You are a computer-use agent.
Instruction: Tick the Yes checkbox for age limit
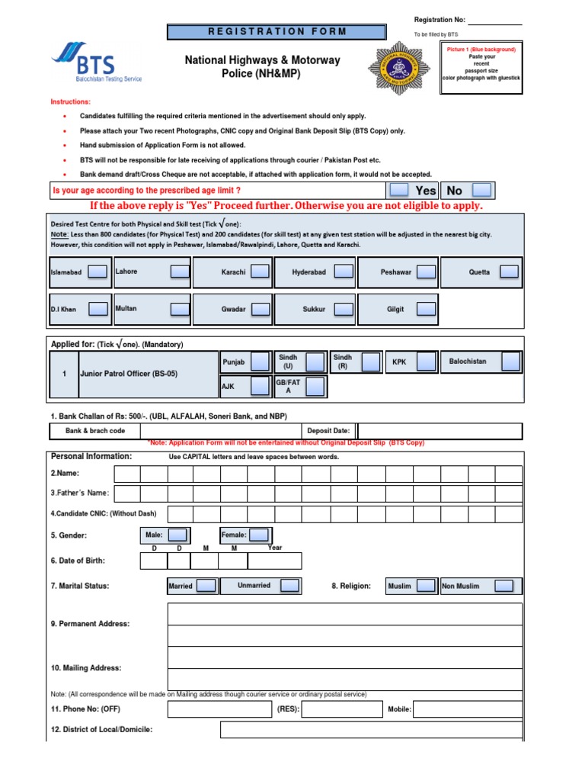(399, 190)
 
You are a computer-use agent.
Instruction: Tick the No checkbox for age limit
(482, 190)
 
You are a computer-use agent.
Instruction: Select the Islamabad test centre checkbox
(97, 272)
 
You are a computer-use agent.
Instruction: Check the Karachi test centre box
(261, 272)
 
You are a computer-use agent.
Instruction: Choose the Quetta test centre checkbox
(510, 272)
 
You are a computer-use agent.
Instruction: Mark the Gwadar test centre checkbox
(261, 309)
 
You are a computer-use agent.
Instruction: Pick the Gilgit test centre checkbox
(426, 309)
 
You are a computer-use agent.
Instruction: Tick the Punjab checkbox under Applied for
(261, 362)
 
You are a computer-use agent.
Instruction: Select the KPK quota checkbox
(426, 362)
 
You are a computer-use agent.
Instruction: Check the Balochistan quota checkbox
(510, 362)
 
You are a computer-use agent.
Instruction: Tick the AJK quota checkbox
(261, 387)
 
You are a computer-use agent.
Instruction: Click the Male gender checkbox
(177, 535)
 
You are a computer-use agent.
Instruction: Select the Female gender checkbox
(259, 535)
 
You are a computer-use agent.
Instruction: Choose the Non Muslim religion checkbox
(503, 586)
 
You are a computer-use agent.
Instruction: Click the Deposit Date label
(328, 431)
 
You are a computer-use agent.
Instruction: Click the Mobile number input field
(468, 709)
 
